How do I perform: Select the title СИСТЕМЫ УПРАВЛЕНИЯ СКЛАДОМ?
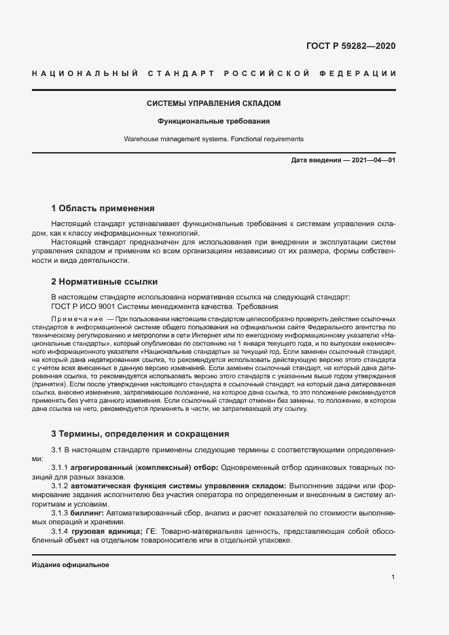coord(214,103)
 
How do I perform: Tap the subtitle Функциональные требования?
coord(214,122)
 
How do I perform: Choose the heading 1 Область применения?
coord(103,208)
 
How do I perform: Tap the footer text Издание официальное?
coord(71,565)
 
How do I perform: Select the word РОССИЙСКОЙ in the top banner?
coord(266,73)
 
